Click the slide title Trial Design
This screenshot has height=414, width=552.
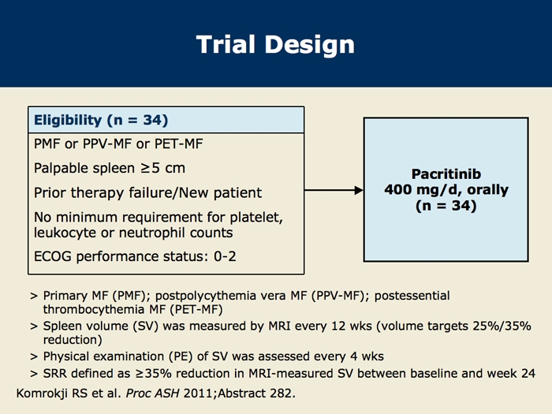coord(275,44)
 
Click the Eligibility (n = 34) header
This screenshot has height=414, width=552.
coord(100,121)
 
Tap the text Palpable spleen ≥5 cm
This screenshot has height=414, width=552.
coord(110,169)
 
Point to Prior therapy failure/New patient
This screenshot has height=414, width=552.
coord(147,192)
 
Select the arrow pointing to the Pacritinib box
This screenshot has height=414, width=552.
coord(333,190)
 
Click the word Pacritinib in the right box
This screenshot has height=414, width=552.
coord(446,174)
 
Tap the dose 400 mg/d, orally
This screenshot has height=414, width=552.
coord(446,190)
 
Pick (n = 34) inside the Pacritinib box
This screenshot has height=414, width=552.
coord(446,207)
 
